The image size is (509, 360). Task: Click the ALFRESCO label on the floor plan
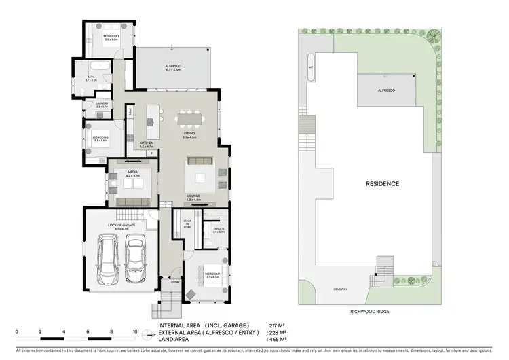click(x=172, y=66)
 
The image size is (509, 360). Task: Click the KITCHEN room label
click(x=147, y=143)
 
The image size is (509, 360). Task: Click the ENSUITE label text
click(x=219, y=229)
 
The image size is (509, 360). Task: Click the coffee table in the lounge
click(x=201, y=179)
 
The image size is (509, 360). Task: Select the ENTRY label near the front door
click(x=175, y=281)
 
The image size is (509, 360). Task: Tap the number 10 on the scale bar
click(x=135, y=332)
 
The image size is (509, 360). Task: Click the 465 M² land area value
click(x=277, y=338)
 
